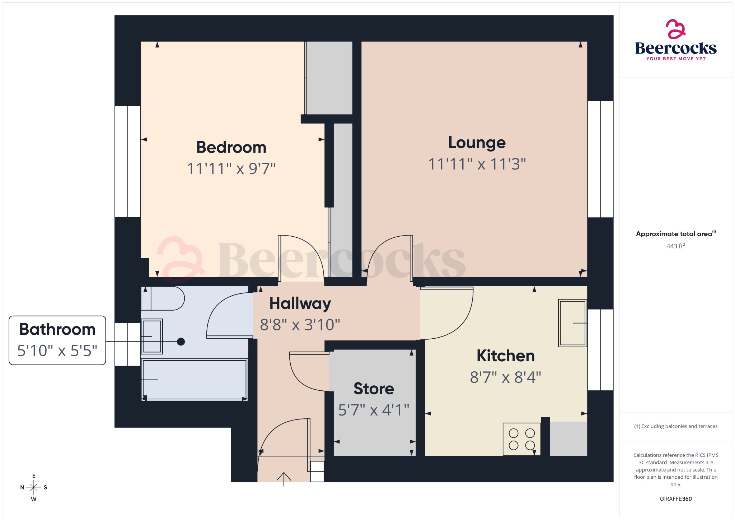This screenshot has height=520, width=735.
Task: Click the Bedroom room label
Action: (231, 148)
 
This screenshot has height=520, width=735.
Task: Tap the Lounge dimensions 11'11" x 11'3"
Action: (477, 164)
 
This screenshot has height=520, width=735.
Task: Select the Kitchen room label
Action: (505, 356)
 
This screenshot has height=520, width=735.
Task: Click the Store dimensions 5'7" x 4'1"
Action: (374, 410)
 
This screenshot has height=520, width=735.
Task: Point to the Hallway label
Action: (300, 303)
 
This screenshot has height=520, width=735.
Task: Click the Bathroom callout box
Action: (57, 340)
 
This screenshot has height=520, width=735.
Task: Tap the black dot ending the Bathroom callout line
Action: (181, 342)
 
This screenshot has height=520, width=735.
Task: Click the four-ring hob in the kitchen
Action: (521, 439)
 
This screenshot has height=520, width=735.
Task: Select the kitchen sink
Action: (572, 323)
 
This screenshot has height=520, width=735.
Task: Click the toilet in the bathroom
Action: (163, 298)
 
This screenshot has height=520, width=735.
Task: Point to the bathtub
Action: (195, 380)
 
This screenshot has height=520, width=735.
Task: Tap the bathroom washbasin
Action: (152, 336)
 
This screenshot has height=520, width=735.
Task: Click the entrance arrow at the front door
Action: (284, 479)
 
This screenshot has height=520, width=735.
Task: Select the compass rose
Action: (34, 487)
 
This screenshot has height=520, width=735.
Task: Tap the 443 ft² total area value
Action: (675, 246)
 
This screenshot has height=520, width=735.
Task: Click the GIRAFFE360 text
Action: (675, 498)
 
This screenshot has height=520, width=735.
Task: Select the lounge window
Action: (600, 159)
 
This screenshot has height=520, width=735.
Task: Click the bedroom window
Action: (128, 161)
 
